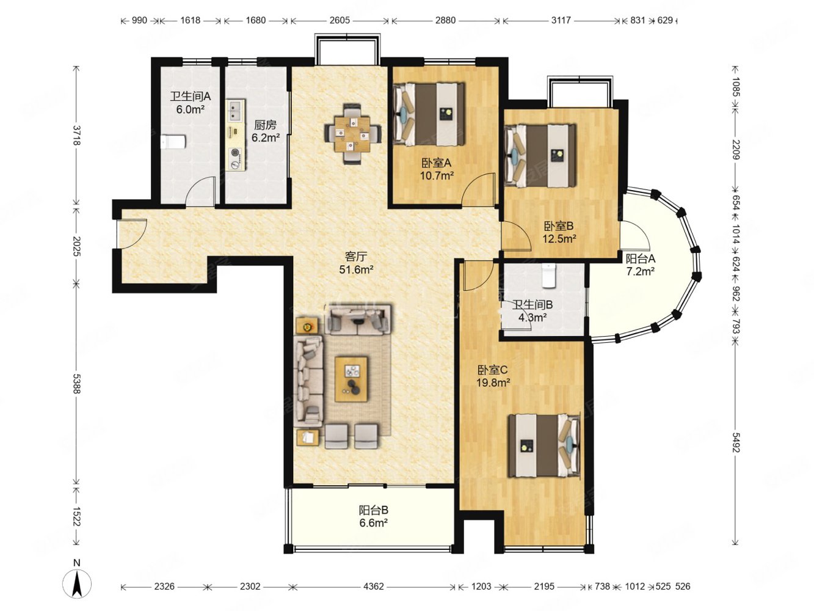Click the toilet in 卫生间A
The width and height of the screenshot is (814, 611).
pos(173,141)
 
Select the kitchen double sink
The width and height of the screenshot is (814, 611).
pos(235,111)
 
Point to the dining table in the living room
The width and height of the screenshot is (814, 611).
pos(352,134)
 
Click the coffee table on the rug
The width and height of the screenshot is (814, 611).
pos(351,379)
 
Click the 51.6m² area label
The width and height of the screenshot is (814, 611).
pos(355,269)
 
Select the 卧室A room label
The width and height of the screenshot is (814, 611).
pos(436,163)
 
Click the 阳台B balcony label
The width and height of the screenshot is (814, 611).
pos(373,510)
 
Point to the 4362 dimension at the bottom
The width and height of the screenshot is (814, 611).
pos(373,587)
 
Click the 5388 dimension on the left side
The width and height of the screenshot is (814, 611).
pos(77,384)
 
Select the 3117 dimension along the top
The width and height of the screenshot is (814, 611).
pos(561,20)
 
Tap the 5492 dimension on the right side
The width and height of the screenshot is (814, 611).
pos(736,444)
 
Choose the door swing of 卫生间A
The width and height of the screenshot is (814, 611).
pos(201,190)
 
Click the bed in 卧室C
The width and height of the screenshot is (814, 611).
pos(543,445)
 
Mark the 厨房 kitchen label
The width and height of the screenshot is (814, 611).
pos(265,125)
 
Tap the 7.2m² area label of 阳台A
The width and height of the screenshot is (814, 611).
pos(640,271)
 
